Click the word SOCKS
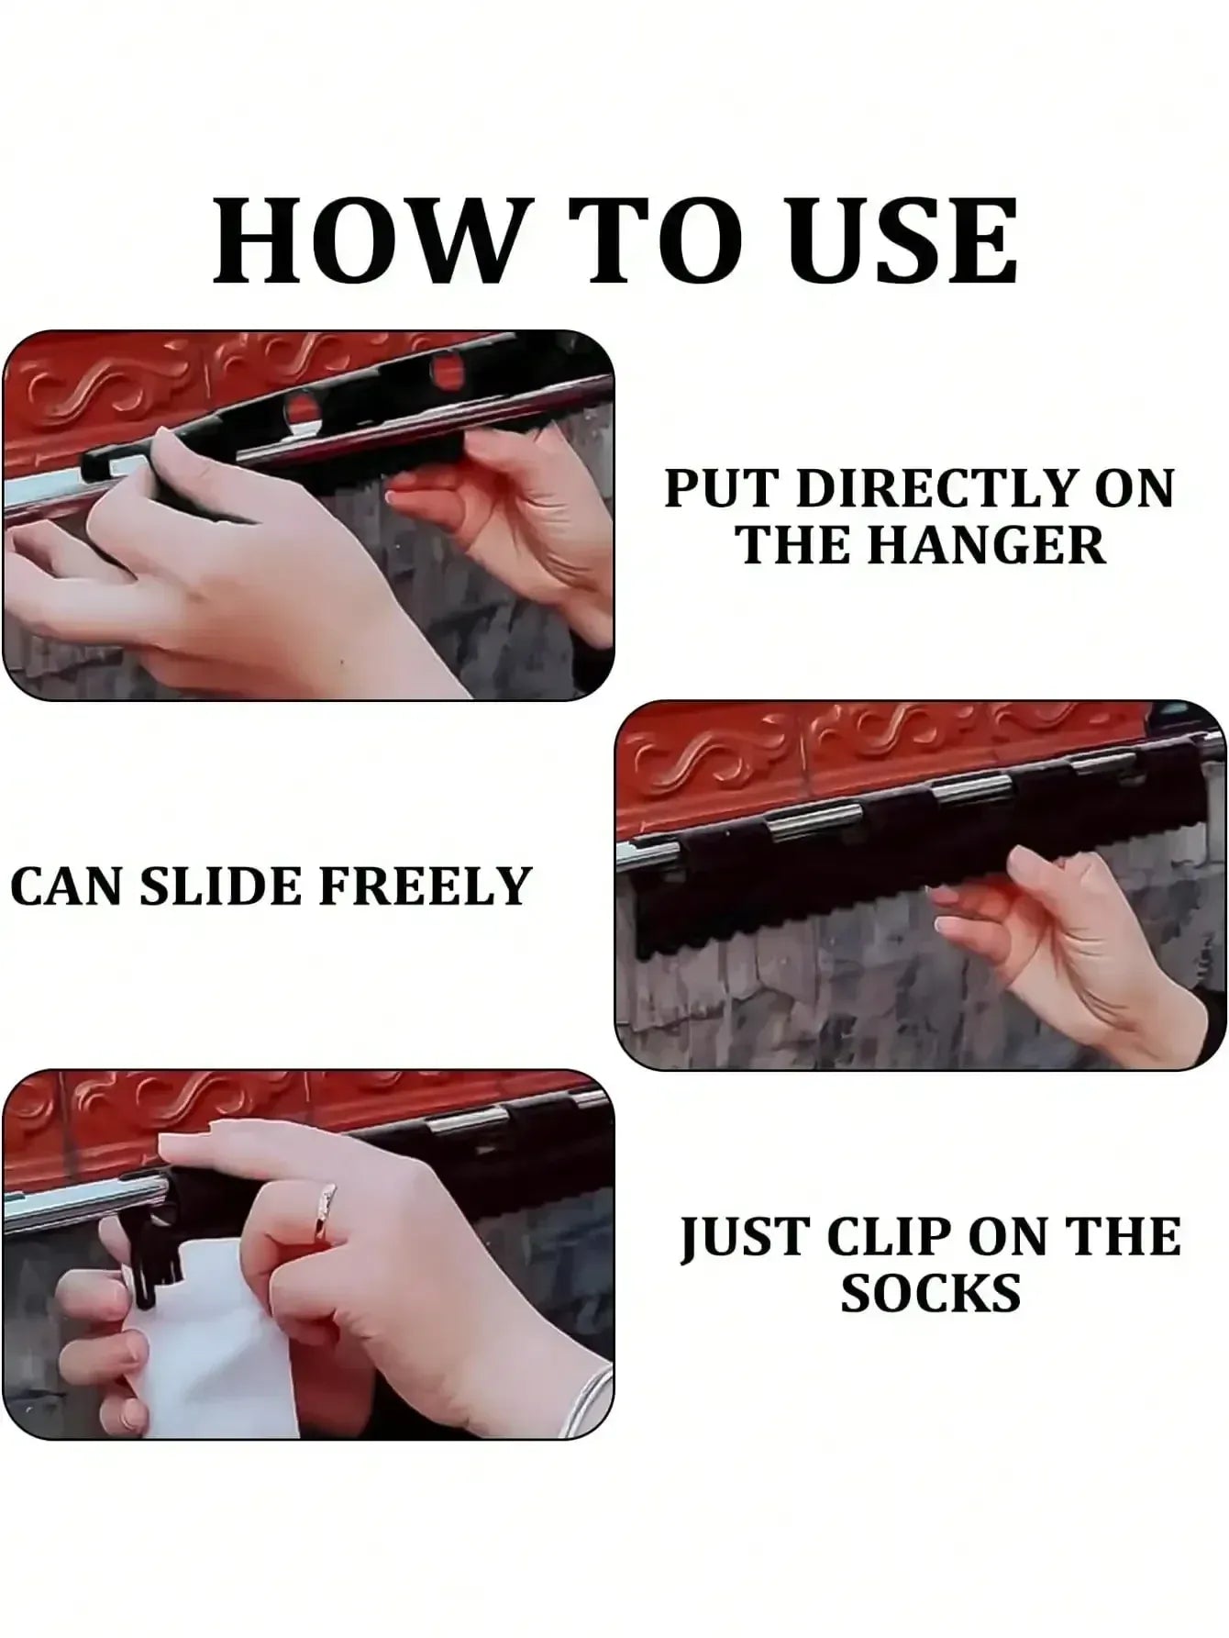[930, 1294]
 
